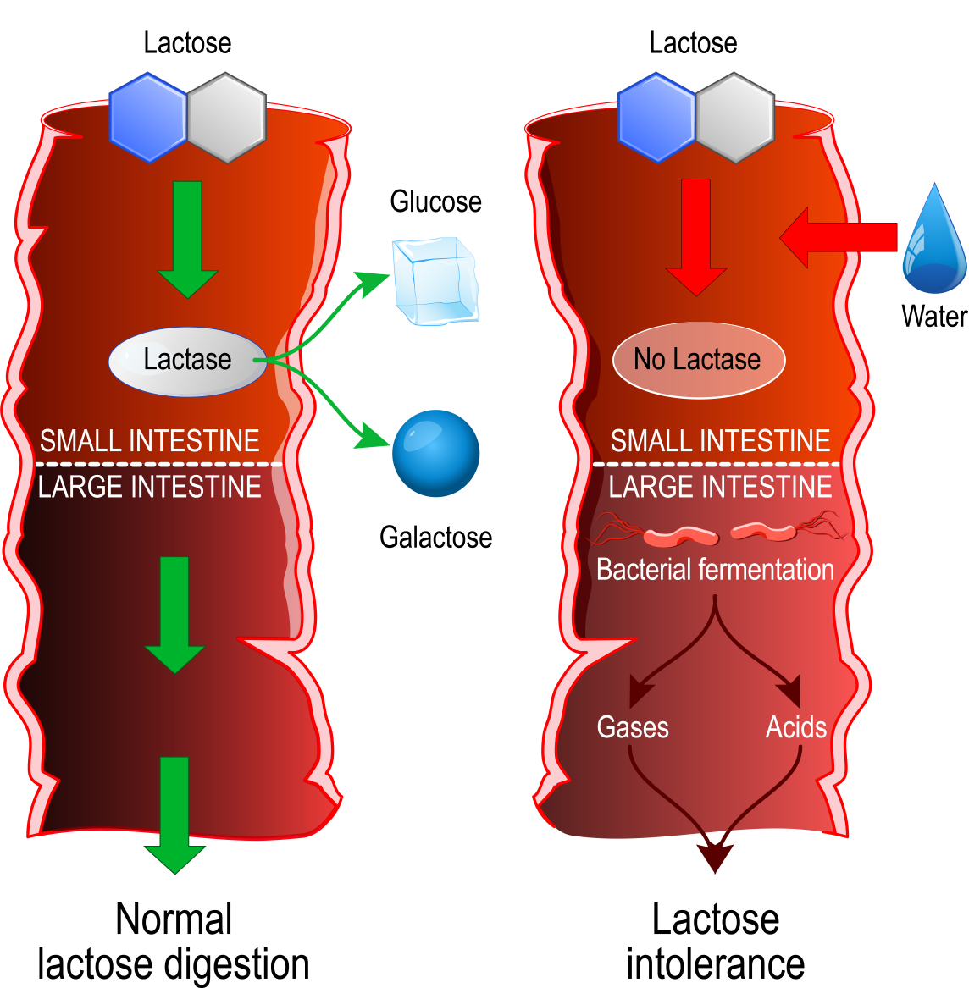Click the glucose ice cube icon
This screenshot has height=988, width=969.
click(x=435, y=280)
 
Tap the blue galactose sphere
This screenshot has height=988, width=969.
click(x=436, y=453)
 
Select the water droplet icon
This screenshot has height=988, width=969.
click(x=933, y=241)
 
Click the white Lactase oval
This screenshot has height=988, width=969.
click(x=187, y=361)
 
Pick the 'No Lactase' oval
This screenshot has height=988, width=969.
click(x=698, y=360)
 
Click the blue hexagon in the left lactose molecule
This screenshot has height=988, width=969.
click(x=148, y=117)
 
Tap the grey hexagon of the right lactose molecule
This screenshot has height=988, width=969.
click(x=734, y=117)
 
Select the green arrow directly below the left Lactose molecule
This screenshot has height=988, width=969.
click(x=187, y=238)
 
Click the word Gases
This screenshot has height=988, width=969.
click(x=632, y=727)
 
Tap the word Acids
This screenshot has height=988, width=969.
click(x=795, y=727)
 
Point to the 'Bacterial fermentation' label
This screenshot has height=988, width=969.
click(x=715, y=570)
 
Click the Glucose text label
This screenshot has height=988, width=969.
click(x=435, y=201)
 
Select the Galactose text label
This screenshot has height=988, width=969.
click(x=435, y=537)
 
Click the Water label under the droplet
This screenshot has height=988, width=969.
click(x=933, y=316)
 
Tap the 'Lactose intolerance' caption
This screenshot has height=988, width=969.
click(x=716, y=941)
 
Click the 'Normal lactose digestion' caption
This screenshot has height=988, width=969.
click(x=174, y=941)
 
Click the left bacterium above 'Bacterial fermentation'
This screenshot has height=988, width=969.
click(x=680, y=536)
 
